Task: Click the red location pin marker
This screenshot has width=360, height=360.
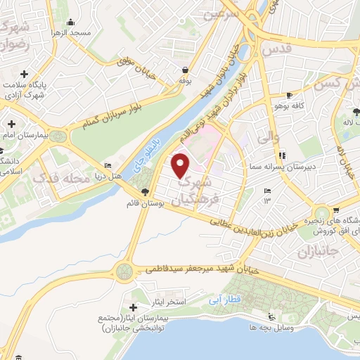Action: [x=181, y=166]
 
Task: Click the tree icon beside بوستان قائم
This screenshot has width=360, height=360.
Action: [x=145, y=193]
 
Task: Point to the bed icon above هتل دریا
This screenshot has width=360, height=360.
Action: [x=107, y=165]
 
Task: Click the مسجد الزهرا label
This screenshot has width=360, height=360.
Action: [x=91, y=33]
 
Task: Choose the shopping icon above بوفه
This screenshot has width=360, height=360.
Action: [x=184, y=70]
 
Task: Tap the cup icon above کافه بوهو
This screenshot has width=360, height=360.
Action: [x=289, y=96]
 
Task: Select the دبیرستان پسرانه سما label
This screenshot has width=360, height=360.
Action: [x=276, y=168]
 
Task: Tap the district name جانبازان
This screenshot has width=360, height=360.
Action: [x=325, y=250]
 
